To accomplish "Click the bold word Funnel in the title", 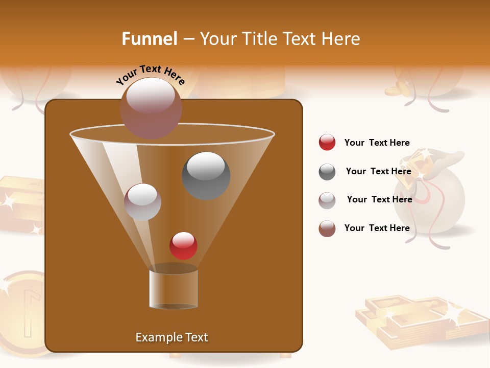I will click(x=149, y=39).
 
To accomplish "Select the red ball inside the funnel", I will click(x=183, y=245).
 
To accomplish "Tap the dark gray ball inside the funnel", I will click(x=206, y=175).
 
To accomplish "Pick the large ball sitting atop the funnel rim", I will click(x=151, y=107).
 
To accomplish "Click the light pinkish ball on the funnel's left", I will click(x=142, y=202).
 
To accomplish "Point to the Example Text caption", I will click(x=171, y=337).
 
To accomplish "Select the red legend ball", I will click(x=327, y=142).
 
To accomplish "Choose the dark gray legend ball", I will click(x=327, y=172).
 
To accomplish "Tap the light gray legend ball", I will click(x=327, y=200).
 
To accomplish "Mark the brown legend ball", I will click(x=327, y=228).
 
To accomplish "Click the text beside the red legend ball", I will click(x=377, y=143).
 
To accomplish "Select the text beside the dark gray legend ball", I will click(x=378, y=171).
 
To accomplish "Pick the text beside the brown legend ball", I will click(x=377, y=228).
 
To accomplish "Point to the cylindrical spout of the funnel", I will click(x=174, y=289).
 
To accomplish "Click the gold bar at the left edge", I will click(x=20, y=204).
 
